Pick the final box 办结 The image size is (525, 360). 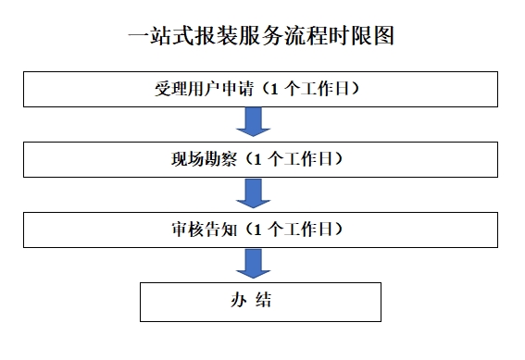click(x=260, y=302)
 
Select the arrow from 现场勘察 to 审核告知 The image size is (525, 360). click(x=254, y=192)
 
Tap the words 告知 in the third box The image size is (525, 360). click(x=209, y=228)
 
